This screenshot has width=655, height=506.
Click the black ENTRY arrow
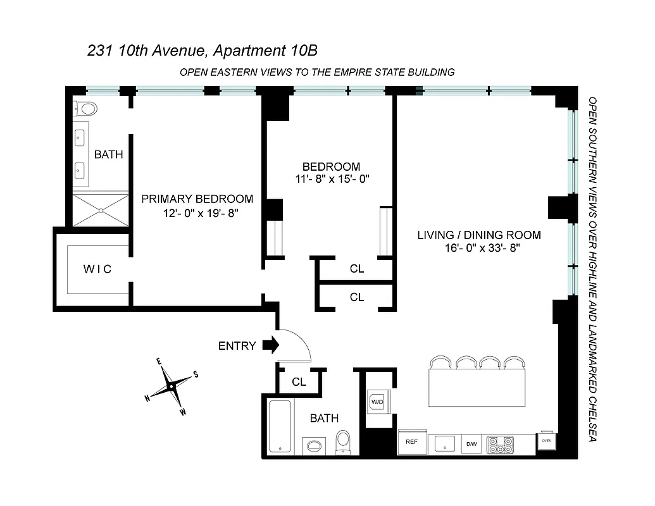pyautogui.click(x=270, y=345)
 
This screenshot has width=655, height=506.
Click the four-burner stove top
pyautogui.click(x=500, y=445)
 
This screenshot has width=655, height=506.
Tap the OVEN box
pyautogui.click(x=546, y=441)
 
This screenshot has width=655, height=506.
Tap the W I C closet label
pyautogui.click(x=97, y=269)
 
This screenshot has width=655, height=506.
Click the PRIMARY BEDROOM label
pyautogui.click(x=197, y=199)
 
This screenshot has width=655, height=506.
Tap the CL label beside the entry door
pyautogui.click(x=299, y=383)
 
